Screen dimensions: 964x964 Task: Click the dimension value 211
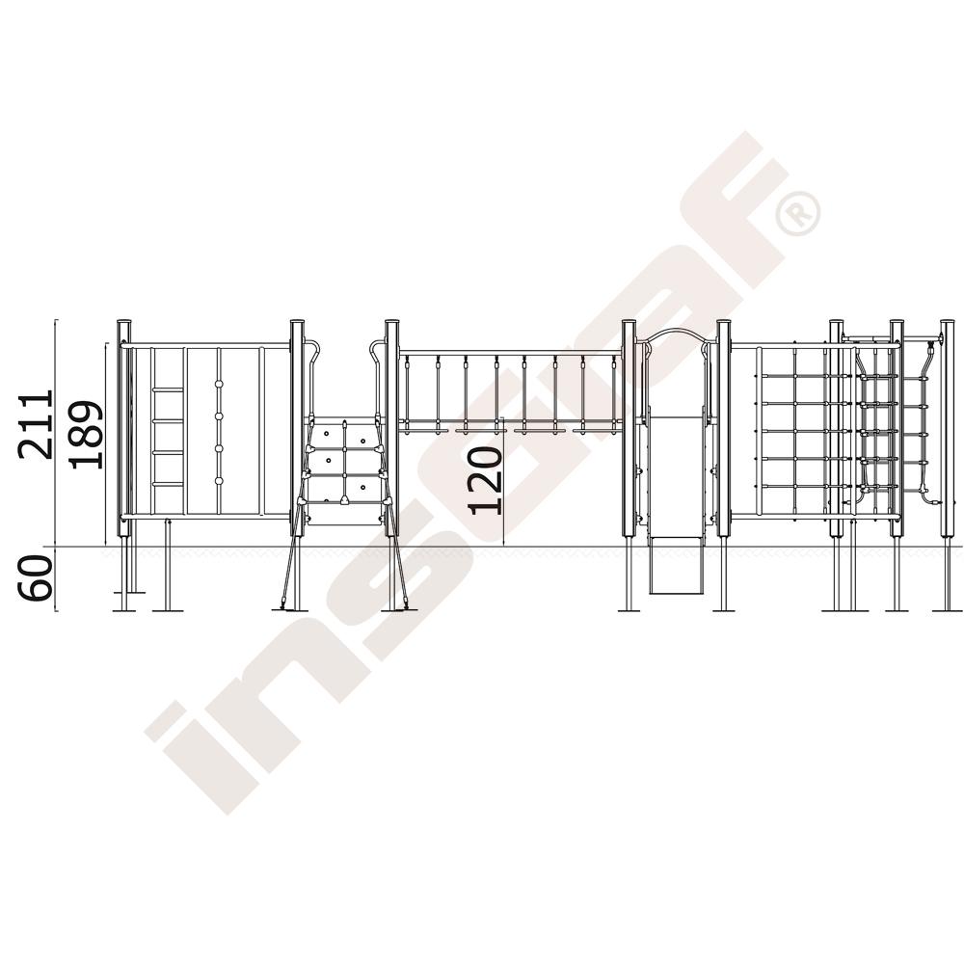36,423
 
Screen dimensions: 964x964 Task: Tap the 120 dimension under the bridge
485,480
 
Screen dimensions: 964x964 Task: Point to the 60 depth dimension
35,577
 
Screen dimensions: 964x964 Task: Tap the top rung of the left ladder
168,389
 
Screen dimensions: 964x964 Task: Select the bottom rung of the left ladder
168,485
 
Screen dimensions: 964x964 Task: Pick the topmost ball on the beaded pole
218,385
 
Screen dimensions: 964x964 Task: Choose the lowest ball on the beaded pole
218,480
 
